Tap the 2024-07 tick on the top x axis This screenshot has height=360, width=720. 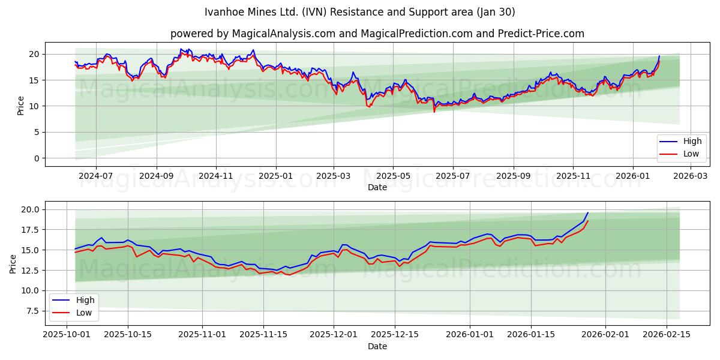96,176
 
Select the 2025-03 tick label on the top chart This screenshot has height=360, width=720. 334,176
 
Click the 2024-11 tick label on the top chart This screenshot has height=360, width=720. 215,176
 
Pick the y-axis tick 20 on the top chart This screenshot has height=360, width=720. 35,54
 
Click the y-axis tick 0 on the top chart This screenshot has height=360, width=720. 37,158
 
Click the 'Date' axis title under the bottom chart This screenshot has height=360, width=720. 377,346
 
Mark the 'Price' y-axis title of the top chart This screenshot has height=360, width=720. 21,106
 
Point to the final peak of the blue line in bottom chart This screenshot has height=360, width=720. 588,212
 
